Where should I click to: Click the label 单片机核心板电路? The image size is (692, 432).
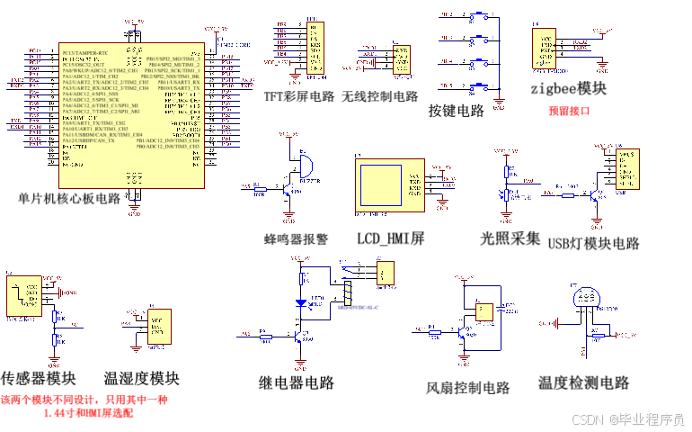69,197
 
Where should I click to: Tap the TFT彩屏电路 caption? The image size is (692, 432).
299,96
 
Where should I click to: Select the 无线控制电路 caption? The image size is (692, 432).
380,96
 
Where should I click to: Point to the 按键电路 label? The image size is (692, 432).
457,111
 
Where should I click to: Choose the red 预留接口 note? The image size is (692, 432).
569,112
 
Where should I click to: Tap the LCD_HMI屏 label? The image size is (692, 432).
390,238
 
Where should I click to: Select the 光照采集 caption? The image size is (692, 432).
510,238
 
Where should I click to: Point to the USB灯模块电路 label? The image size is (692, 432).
593,243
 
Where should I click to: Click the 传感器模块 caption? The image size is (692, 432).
39,378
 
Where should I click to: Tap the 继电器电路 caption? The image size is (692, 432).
297,382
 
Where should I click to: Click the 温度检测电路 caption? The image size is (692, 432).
583,382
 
